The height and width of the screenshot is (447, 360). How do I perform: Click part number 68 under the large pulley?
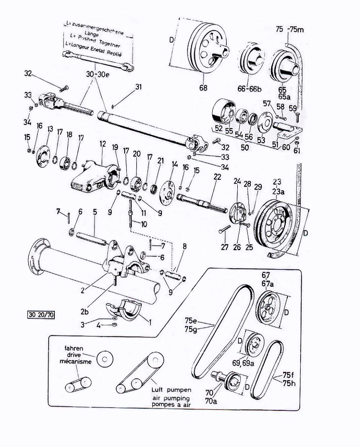click(204, 88)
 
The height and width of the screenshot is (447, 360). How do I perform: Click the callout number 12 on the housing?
click(103, 144)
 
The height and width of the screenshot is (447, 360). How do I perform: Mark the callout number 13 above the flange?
click(49, 130)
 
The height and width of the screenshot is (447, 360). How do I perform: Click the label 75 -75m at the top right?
click(290, 30)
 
